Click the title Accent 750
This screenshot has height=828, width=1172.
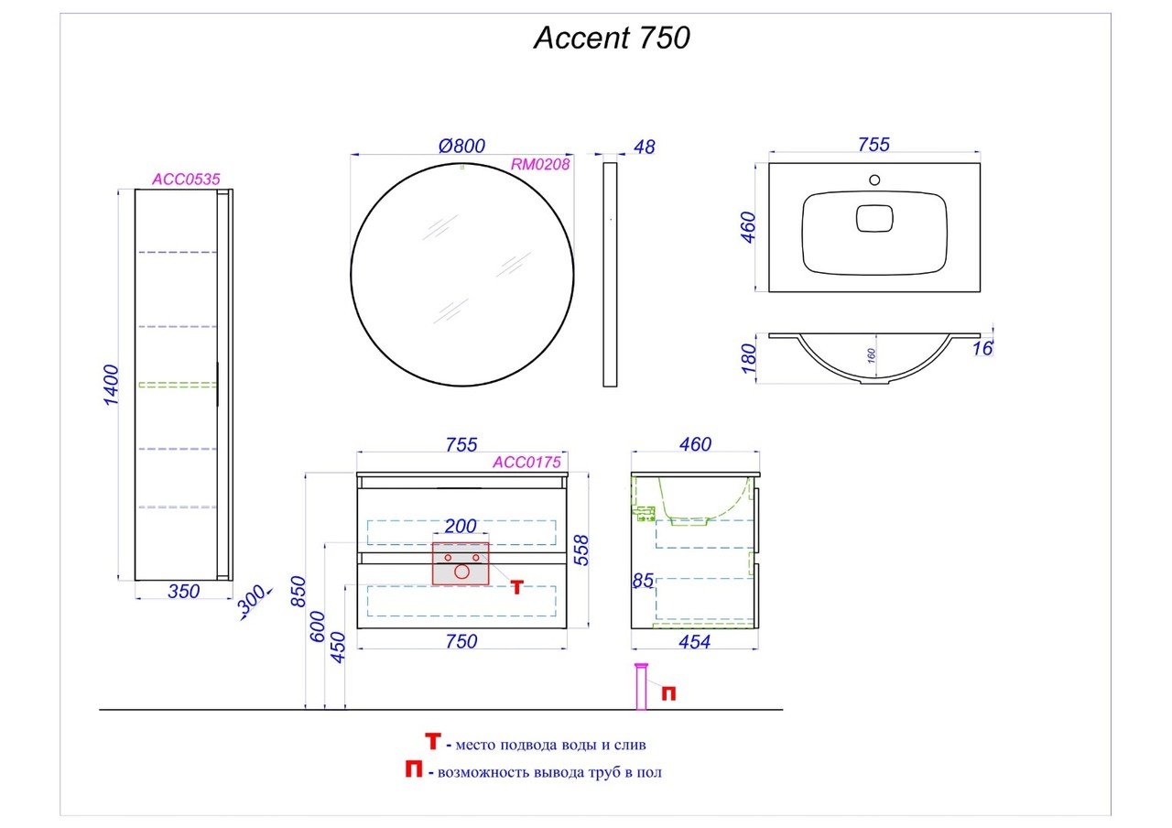(x=612, y=38)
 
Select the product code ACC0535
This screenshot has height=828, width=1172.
(x=186, y=180)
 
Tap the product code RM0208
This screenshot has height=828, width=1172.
(x=540, y=165)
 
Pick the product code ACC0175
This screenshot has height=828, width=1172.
(x=526, y=463)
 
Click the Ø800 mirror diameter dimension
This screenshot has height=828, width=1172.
(x=461, y=146)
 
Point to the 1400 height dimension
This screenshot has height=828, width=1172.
(x=112, y=386)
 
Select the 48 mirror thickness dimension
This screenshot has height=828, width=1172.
(x=644, y=147)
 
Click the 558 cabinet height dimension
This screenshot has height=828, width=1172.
(x=581, y=550)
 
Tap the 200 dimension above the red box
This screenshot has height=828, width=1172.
(x=461, y=526)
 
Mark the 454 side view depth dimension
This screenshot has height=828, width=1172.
(x=694, y=642)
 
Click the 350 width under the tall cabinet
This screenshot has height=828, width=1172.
(x=184, y=592)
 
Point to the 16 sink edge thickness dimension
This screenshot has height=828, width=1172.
(x=983, y=348)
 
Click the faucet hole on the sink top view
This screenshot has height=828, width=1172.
(x=874, y=180)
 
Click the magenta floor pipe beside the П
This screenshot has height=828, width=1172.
(x=641, y=687)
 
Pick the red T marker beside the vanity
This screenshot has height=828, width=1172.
(x=517, y=587)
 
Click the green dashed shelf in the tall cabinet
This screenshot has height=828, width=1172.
(x=177, y=384)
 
